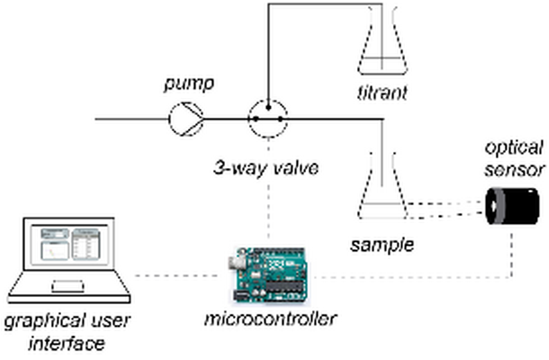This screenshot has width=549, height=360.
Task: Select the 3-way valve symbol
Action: tap(268, 119)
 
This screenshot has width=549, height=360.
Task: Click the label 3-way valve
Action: tap(266, 167)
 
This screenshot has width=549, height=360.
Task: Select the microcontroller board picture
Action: tap(269, 276)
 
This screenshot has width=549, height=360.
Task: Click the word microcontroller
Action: tap(270, 318)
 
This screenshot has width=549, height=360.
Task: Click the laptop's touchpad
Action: tap(68, 286)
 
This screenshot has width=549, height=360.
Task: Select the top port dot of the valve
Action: tap(268, 106)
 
